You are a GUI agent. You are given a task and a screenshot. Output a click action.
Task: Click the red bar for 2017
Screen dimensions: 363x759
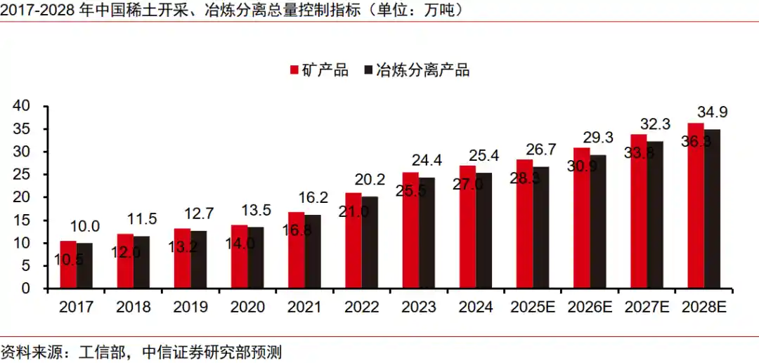[x=68, y=265]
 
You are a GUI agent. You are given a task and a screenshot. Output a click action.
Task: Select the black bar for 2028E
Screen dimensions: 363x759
[x=712, y=209]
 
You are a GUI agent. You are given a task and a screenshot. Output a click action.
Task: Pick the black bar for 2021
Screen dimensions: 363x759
[x=313, y=251]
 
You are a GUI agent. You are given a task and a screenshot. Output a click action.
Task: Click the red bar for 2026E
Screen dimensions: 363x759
[x=582, y=218]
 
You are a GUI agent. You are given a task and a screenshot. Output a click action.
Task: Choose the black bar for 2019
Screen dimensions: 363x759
[x=199, y=260]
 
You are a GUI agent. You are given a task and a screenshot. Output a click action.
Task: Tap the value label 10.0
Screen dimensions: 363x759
[x=86, y=226]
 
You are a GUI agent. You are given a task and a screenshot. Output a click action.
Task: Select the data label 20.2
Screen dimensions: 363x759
[x=370, y=180]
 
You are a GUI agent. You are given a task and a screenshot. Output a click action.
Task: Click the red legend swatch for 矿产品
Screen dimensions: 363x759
[x=295, y=70]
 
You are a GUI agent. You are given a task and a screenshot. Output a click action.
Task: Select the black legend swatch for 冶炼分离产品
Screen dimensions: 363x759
[x=369, y=70]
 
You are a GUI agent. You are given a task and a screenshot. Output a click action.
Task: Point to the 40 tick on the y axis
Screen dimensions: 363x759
[x=21, y=106]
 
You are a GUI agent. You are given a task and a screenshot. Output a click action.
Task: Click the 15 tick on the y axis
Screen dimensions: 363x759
[x=21, y=220]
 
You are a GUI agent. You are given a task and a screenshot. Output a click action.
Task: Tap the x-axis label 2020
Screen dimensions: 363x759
[x=247, y=308]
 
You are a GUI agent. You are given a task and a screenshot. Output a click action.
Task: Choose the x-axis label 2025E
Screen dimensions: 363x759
[x=533, y=308]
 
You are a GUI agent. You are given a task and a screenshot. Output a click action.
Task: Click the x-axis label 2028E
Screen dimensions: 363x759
[x=703, y=308]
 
